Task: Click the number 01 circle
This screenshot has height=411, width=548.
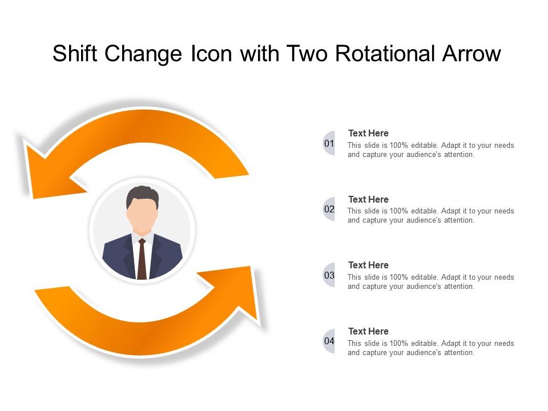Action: pos(329,143)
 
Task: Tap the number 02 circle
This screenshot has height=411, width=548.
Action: pos(329,209)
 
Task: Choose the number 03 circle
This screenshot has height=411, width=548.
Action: pos(329,275)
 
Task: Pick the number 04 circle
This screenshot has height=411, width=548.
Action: pos(329,341)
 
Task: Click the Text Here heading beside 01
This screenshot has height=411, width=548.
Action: pos(368,134)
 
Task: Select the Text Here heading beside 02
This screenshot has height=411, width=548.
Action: pos(368,199)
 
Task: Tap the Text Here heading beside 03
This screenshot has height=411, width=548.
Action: pos(368,265)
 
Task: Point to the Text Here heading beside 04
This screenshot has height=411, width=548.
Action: pos(368,331)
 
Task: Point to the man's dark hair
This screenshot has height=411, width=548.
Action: pos(142,195)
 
